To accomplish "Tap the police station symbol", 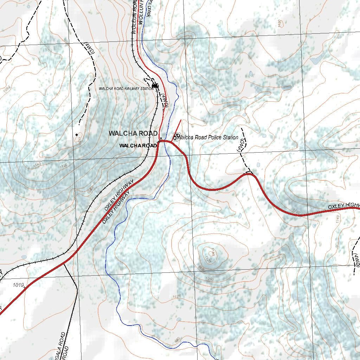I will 176,136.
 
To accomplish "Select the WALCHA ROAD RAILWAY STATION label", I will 126,89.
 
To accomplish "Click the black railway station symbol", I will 155,85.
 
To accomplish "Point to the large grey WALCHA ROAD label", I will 133,133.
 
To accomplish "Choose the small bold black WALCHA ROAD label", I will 138,146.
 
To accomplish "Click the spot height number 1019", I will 18,284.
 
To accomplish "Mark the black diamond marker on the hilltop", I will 77,135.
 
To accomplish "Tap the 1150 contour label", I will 80,142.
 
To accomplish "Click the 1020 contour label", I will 176,297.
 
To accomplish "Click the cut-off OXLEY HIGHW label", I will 343,205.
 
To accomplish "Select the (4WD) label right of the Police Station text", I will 241,145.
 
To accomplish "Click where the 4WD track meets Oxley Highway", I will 249,174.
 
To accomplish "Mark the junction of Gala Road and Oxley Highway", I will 64,262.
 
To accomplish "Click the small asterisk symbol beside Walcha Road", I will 161,138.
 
